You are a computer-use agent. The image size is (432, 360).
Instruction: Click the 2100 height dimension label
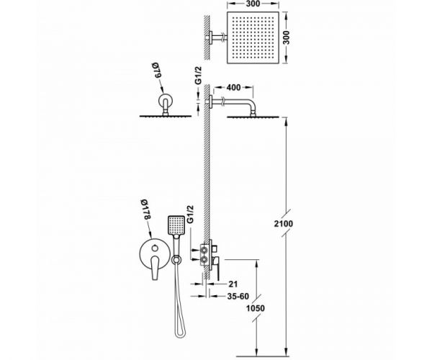click(284, 224)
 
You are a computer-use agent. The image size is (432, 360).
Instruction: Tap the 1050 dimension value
click(255, 308)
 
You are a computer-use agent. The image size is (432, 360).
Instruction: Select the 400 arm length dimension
click(233, 88)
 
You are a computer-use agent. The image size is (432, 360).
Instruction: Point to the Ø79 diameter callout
click(157, 71)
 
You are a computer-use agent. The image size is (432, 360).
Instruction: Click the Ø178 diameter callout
click(145, 210)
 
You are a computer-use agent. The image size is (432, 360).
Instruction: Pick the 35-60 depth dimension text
click(238, 297)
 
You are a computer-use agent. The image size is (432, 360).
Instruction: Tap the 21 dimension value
click(233, 284)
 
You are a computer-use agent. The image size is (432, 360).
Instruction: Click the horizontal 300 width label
click(253, 4)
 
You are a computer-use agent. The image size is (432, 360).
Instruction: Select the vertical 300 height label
click(287, 37)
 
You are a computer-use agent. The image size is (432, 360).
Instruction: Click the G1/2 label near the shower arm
click(199, 76)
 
